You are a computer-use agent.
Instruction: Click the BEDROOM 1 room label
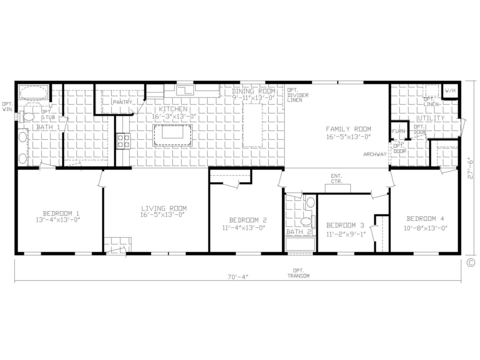point(58,214)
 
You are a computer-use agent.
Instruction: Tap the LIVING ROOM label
point(161,211)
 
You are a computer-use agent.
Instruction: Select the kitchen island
point(172,134)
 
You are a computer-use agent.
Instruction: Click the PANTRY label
point(123,102)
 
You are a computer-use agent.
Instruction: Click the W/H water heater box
point(450,91)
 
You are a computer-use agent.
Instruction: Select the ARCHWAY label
point(375,154)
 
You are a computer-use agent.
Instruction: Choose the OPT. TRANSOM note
point(297,273)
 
